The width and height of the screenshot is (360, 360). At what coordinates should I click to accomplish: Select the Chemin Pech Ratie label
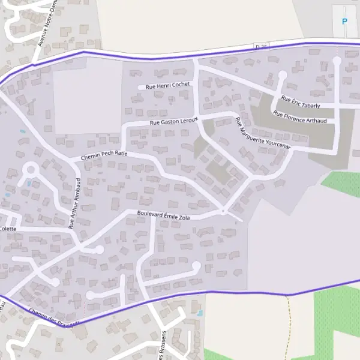pyautogui.click(x=104, y=155)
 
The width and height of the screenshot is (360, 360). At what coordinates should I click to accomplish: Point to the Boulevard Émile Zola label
pyautogui.click(x=163, y=215)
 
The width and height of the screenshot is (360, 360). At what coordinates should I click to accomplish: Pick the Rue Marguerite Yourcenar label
pyautogui.click(x=263, y=134)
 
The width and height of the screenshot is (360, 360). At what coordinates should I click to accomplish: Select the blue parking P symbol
pyautogui.click(x=344, y=22)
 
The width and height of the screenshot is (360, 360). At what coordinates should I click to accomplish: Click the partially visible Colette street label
pyautogui.click(x=8, y=229)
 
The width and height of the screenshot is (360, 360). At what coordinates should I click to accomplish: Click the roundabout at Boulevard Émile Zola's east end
pyautogui.click(x=223, y=211)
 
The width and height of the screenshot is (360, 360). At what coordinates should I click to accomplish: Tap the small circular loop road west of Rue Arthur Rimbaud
pyautogui.click(x=32, y=170)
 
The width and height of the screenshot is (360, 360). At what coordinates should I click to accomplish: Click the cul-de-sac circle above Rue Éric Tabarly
pyautogui.click(x=283, y=76)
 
